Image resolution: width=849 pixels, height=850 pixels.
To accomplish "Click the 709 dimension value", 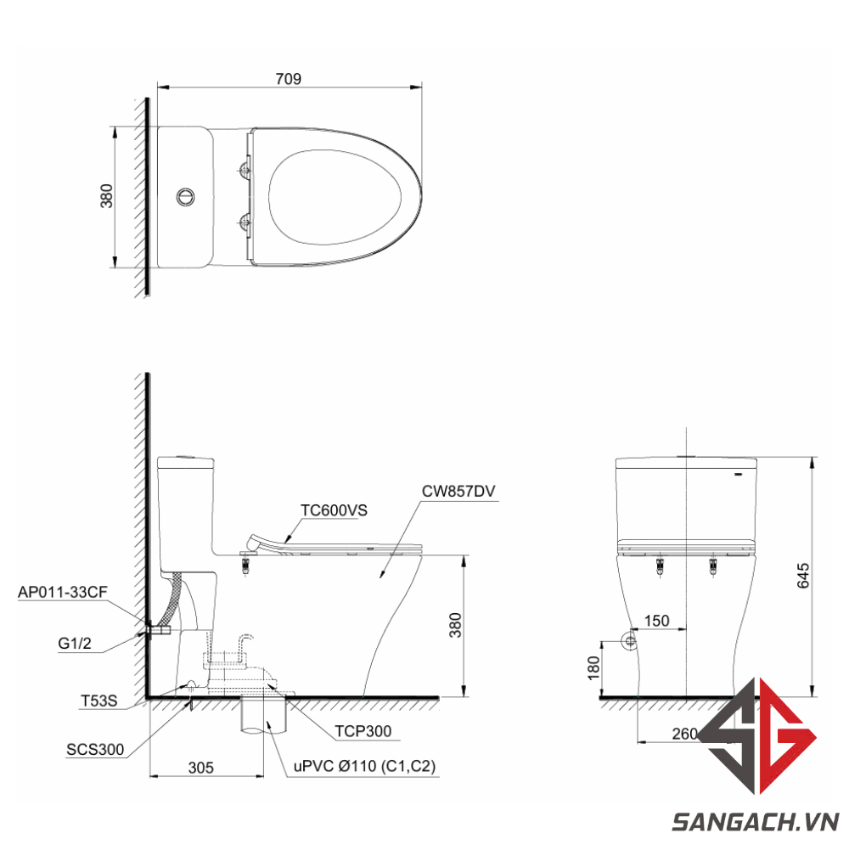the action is click(x=288, y=79).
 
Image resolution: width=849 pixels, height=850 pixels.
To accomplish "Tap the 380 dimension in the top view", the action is click(x=107, y=195).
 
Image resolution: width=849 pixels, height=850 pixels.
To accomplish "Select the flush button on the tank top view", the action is click(x=185, y=197).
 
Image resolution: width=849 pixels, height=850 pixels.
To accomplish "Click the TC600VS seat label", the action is click(x=334, y=510).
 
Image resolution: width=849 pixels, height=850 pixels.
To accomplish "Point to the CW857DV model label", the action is click(x=458, y=491).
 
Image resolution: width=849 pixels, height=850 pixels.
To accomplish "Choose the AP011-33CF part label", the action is click(x=63, y=592).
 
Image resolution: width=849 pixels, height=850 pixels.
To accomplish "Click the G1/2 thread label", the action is click(x=75, y=644).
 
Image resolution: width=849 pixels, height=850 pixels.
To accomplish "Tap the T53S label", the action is click(x=99, y=701).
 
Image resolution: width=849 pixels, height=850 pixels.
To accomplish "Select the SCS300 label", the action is click(x=95, y=749).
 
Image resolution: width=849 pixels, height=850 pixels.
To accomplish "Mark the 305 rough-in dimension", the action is click(x=200, y=768).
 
